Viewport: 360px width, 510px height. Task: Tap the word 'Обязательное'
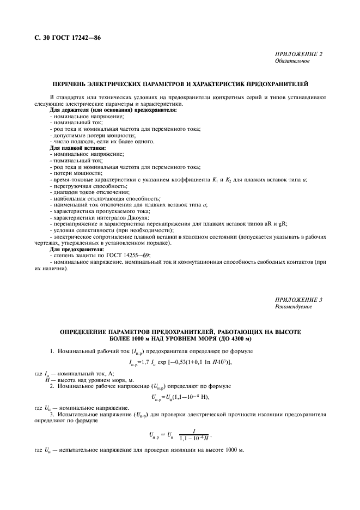[292, 61]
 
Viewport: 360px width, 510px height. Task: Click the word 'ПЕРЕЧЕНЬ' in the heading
[72, 85]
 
